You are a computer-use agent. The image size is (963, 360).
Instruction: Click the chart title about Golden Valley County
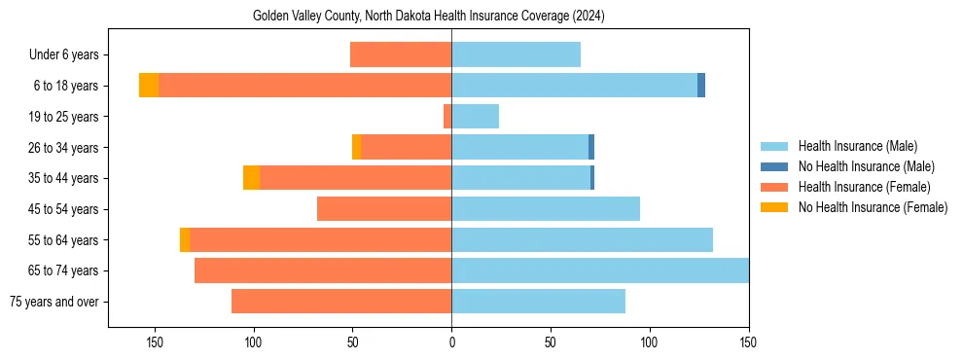click(x=429, y=17)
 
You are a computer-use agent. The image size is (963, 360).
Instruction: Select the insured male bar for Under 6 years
click(x=516, y=54)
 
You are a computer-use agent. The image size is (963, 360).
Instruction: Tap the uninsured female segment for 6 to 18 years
click(x=148, y=86)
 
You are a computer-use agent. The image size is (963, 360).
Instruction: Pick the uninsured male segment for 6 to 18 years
click(x=701, y=86)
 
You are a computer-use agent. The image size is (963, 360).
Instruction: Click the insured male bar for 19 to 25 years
click(x=475, y=117)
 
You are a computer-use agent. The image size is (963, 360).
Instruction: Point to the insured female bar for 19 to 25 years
click(x=447, y=117)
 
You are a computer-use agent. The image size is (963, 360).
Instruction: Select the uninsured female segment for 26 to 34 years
click(x=356, y=147)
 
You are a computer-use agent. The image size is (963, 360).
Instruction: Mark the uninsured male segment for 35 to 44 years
click(x=592, y=178)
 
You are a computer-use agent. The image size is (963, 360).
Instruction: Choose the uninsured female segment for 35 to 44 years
click(x=251, y=178)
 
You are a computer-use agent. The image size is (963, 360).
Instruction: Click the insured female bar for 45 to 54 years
click(x=384, y=208)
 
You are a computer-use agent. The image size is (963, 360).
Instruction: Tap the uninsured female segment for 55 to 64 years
click(x=185, y=239)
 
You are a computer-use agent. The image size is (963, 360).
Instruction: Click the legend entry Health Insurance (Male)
click(x=857, y=146)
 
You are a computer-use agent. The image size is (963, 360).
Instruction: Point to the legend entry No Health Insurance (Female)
click(x=873, y=207)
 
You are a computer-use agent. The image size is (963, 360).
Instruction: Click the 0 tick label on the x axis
click(x=451, y=342)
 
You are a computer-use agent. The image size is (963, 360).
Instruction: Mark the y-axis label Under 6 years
click(x=69, y=55)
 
